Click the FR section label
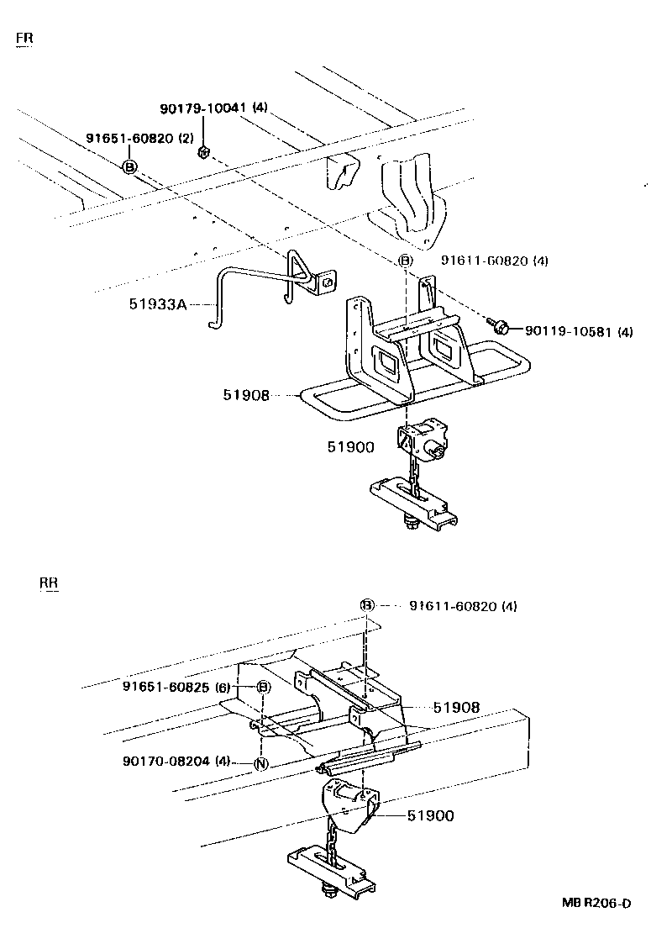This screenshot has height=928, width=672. point(24,39)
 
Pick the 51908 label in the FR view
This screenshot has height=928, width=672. point(246,393)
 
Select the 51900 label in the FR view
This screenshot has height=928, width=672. point(350,447)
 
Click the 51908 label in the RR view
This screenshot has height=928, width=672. point(456,708)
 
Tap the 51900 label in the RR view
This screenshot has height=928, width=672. point(430,815)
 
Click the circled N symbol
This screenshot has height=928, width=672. point(261,763)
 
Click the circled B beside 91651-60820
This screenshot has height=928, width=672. point(129,167)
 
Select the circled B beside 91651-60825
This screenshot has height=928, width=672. point(263,688)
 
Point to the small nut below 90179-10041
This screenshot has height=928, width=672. point(202,152)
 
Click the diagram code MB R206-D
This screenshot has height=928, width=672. point(596,904)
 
